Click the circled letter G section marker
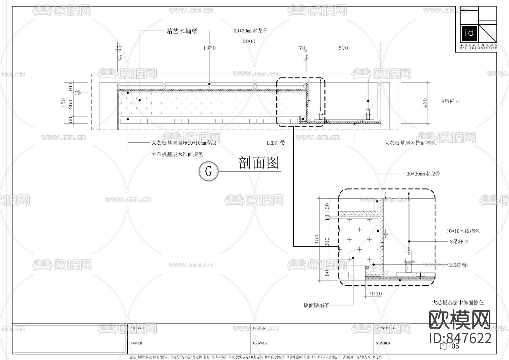coord(209,171)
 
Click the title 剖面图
coord(259,163)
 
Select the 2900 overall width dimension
coord(249,41)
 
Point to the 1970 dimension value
coord(209,48)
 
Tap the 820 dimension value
coord(343,48)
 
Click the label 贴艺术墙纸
coord(182,31)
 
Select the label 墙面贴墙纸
coord(316,305)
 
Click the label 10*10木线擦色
coord(463,231)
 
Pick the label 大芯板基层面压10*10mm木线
coord(184,143)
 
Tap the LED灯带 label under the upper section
coord(276,143)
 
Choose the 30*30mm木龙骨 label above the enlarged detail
coord(423,174)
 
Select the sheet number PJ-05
coord(449,346)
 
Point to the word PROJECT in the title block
coord(137,328)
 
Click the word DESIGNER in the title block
coord(261,328)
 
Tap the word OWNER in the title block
coord(136,343)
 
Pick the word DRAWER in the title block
coord(260,343)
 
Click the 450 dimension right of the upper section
coord(424,103)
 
